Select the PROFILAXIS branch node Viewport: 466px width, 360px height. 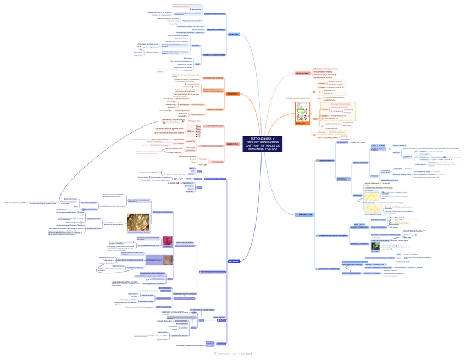(233, 34)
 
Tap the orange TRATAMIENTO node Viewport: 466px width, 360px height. (232, 94)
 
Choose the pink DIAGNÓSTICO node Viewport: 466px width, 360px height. (232, 144)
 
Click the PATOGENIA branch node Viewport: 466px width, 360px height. (233, 262)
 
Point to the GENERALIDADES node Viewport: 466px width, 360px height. (303, 73)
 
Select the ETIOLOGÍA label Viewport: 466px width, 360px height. (301, 124)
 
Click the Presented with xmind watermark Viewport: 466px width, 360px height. (233, 354)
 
